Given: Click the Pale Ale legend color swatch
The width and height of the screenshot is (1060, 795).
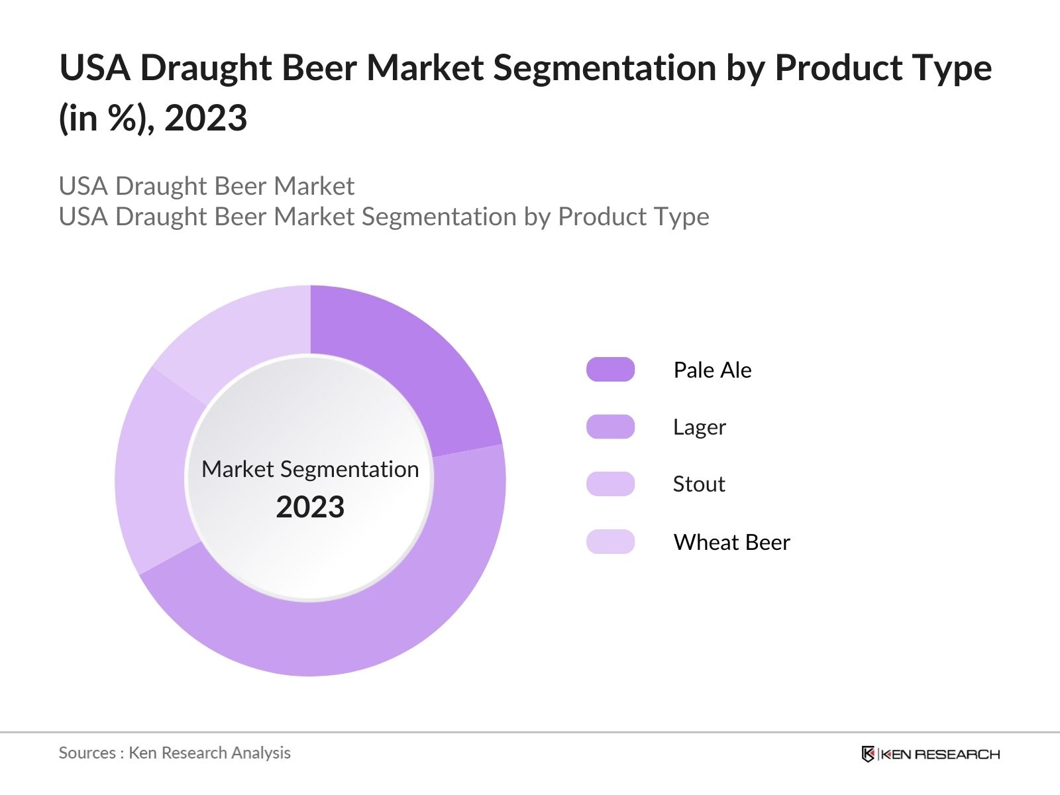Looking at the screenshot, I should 610,370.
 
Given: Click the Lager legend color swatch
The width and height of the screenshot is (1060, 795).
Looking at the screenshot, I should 610,427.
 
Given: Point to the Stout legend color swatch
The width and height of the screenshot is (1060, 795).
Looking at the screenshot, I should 610,484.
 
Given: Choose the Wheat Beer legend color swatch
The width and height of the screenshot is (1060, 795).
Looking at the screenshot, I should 610,542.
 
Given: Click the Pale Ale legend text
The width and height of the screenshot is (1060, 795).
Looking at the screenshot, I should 712,370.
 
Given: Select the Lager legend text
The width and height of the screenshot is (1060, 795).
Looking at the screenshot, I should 699,427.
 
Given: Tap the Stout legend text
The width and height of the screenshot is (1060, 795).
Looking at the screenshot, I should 698,484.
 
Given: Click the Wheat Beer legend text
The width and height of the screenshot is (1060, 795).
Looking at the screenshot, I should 731,543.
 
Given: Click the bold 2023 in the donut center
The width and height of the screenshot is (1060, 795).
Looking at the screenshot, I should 310,507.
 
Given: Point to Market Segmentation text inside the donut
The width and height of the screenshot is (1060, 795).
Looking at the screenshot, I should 310,469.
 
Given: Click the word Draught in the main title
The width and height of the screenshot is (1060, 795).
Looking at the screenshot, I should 206,69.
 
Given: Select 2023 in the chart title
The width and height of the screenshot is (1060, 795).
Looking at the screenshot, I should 205,119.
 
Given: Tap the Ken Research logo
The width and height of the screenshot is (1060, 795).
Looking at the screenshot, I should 930,754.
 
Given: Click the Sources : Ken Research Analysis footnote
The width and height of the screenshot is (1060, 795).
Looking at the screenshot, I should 174,753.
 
